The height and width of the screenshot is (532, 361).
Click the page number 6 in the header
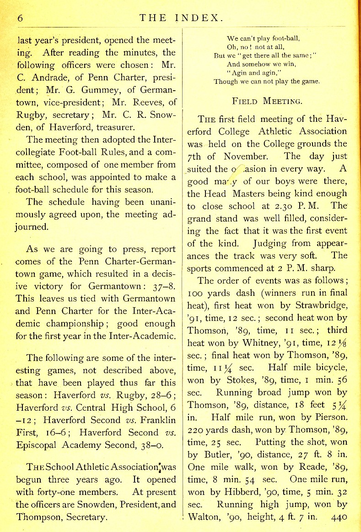click(20, 18)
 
